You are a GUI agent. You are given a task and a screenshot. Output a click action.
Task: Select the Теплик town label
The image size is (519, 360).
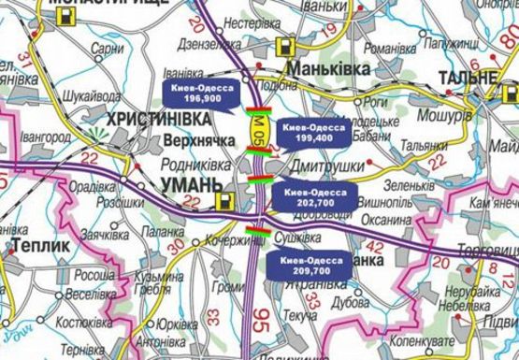[36, 245]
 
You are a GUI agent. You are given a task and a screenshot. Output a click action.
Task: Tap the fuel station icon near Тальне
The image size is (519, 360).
[510, 93]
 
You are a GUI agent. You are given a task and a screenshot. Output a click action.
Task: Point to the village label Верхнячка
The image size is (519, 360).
[185, 138]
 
